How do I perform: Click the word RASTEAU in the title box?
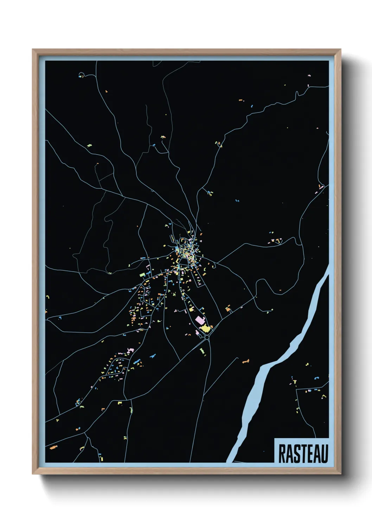coord(303,454)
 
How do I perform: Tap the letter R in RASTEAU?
coord(281,454)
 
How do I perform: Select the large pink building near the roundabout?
coord(199,320)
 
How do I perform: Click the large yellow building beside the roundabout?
coord(205,329)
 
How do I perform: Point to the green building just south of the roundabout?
coord(202,351)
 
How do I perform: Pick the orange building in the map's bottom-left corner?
coord(53,448)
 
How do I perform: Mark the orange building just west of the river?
coord(245,361)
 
